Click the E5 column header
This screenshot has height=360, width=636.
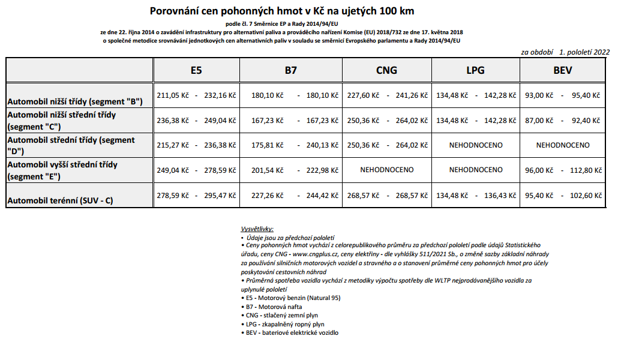coord(196,70)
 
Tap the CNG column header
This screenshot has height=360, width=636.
coord(386,70)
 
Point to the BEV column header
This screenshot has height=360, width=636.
coord(562,70)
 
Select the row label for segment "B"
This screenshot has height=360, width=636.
coord(74,101)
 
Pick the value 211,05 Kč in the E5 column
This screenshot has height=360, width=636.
coord(173,95)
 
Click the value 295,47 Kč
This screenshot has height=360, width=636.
coord(220,195)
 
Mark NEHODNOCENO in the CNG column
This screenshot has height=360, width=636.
coord(386,170)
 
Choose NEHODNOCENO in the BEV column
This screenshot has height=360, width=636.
coord(562,145)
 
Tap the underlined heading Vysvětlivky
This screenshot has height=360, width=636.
coord(256,229)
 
